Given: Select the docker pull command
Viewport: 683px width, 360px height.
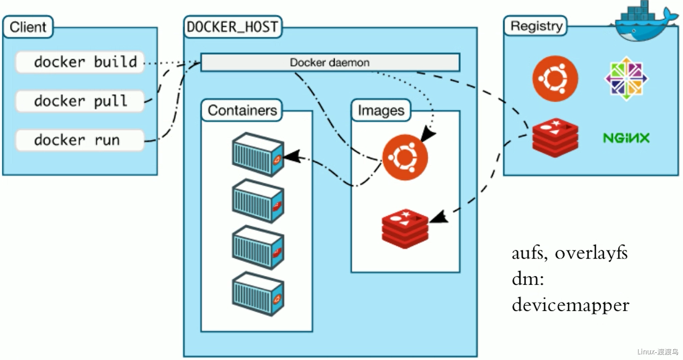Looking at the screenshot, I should pos(80,101).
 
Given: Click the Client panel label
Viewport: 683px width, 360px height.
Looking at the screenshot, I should pos(29,27).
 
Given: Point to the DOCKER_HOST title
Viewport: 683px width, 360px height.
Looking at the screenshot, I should pos(232,27).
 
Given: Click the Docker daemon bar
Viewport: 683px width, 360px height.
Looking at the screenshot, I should pos(330,63).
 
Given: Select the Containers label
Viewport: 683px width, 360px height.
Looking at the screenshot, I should pos(242,110).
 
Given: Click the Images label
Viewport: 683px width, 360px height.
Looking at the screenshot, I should pos(381,110).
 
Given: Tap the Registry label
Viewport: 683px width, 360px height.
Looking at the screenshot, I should pos(536,26).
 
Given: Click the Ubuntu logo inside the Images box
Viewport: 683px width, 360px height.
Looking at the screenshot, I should pos(405,158).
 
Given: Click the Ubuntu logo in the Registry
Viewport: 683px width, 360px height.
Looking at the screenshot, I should pos(555,79).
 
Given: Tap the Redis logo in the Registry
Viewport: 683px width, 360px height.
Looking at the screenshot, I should pos(555,137).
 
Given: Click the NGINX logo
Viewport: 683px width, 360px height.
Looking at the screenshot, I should pos(626,138).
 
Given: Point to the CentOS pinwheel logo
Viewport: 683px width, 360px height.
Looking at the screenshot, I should pos(626,79).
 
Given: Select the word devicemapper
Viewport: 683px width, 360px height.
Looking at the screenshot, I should pos(570,305).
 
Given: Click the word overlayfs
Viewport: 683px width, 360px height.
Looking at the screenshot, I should pos(591,254).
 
